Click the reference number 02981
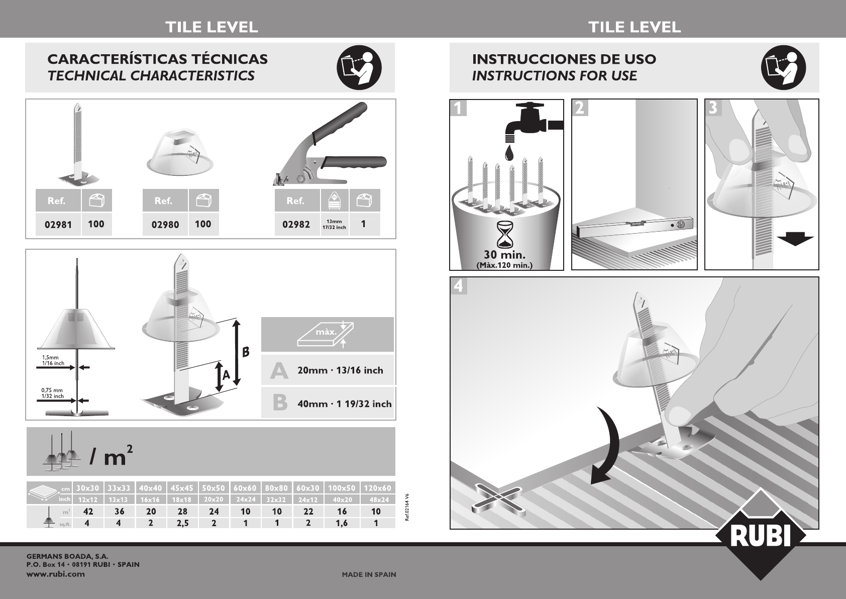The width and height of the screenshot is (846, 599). click(x=58, y=225)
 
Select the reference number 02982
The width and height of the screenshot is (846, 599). click(x=296, y=225)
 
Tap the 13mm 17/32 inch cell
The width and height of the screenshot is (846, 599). click(x=334, y=224)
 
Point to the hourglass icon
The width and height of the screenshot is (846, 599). click(x=505, y=235)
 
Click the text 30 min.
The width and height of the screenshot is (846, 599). click(x=504, y=255)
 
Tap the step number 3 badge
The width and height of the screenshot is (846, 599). click(x=713, y=108)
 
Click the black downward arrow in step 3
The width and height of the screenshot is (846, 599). click(x=795, y=240)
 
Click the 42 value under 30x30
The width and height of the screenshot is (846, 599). click(x=87, y=512)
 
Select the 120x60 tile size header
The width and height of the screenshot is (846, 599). click(x=377, y=488)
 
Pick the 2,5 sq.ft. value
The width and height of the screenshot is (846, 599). click(x=182, y=524)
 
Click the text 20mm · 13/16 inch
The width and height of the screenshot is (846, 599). click(x=340, y=370)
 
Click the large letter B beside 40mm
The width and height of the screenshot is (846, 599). click(x=280, y=403)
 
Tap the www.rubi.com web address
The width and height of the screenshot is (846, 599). click(x=56, y=574)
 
